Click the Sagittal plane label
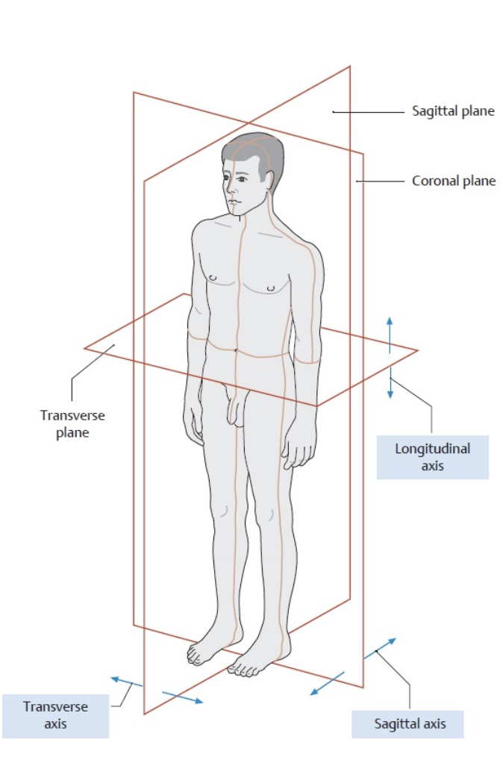453,111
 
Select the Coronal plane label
453,181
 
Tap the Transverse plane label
72,423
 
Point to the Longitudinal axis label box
432,457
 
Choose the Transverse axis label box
55,715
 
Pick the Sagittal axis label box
409,723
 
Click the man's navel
236,349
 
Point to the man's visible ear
266,180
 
